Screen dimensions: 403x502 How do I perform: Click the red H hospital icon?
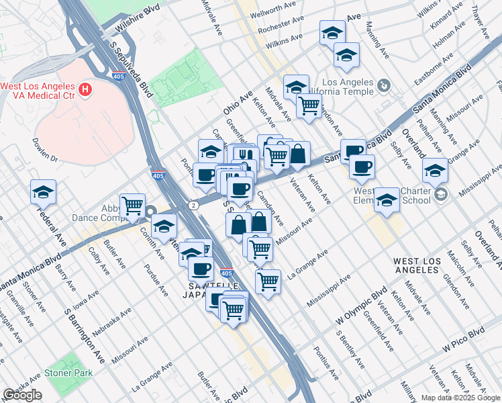(x=85, y=89)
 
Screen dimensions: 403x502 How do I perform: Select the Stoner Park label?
(x=68, y=372)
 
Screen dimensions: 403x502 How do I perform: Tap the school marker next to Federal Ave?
(x=43, y=192)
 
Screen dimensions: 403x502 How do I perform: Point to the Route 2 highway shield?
(x=193, y=205)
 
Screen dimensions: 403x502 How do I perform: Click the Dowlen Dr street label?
(x=46, y=150)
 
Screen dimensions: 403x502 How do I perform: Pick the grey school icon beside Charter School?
(x=440, y=195)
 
